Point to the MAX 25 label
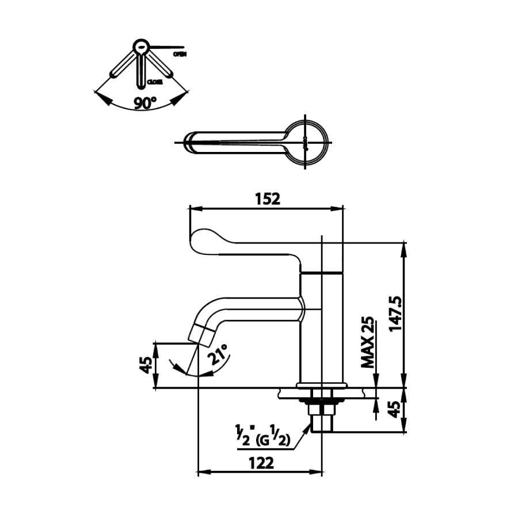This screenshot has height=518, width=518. tap(368, 343)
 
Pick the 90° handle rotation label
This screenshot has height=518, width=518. tap(145, 104)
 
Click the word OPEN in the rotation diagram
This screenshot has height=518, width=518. tap(179, 54)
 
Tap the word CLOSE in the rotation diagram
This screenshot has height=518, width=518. tap(155, 82)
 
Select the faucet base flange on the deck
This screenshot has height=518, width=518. tap(322, 384)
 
